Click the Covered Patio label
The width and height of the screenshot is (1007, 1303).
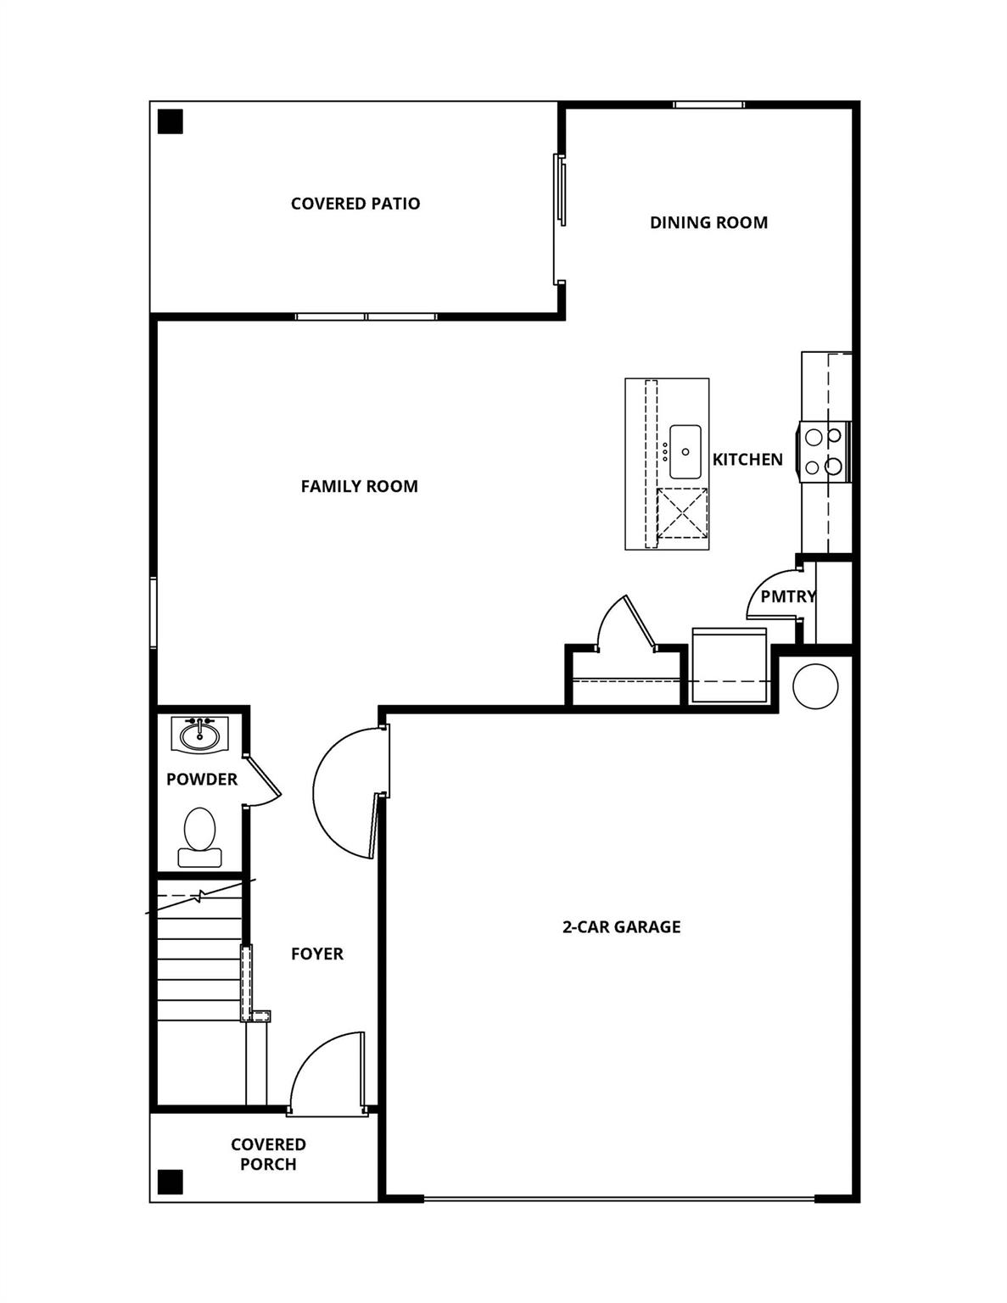[x=355, y=204]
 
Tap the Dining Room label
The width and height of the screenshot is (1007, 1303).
[x=708, y=222]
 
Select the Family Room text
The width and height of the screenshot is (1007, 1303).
[x=359, y=486]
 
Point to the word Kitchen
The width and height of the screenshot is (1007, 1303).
[x=747, y=460]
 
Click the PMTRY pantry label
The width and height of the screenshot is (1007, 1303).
[x=787, y=596]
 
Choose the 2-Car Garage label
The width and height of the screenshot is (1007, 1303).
[x=621, y=927]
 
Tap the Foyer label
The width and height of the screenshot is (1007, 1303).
[x=316, y=953]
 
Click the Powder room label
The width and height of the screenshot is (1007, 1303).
[x=202, y=779]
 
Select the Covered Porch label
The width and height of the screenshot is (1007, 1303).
[x=268, y=1155]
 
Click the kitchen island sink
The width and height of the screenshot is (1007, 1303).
[x=685, y=451]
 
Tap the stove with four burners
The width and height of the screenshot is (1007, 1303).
[x=824, y=451]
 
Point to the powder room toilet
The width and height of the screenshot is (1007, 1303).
[x=199, y=836]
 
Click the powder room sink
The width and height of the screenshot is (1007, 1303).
[x=200, y=734]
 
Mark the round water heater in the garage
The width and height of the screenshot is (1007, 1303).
[x=814, y=685]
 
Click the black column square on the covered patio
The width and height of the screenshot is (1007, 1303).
[x=171, y=122]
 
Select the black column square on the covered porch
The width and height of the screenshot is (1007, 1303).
[x=171, y=1181]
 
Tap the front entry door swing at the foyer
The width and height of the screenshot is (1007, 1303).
[x=327, y=1073]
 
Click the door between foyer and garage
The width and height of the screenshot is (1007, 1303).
[x=348, y=793]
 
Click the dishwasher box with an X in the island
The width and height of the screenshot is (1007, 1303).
[x=682, y=513]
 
